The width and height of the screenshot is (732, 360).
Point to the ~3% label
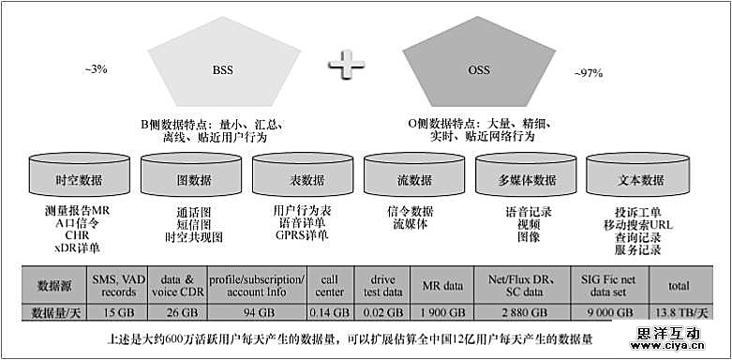click(96, 69)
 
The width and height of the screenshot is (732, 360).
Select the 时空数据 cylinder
click(79, 180)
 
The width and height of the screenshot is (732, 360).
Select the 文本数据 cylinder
click(639, 180)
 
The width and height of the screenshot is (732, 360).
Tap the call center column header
click(326, 284)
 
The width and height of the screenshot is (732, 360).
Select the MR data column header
click(439, 284)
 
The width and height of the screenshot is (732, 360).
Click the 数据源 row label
click(53, 284)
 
